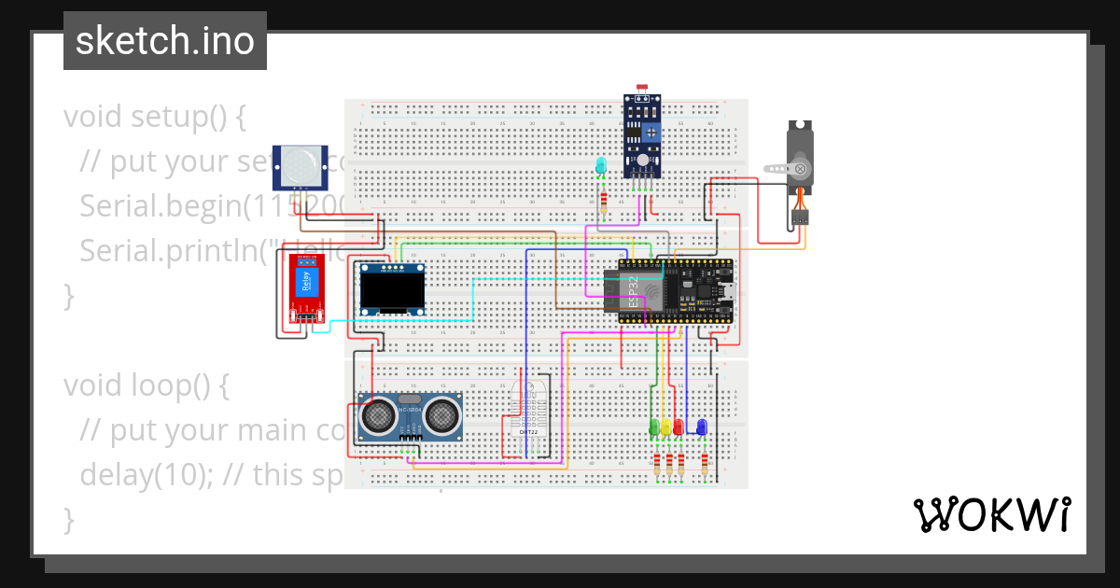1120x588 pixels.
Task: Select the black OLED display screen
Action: pyautogui.click(x=393, y=293)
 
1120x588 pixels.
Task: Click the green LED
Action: pyautogui.click(x=653, y=427)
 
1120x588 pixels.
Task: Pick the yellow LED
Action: pyautogui.click(x=665, y=427)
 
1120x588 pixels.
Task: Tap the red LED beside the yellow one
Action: pyautogui.click(x=679, y=427)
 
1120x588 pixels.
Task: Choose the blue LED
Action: pyautogui.click(x=702, y=427)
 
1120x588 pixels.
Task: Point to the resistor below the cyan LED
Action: pyautogui.click(x=604, y=203)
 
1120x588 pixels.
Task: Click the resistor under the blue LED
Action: pyautogui.click(x=705, y=464)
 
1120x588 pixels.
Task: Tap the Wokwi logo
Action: pyautogui.click(x=991, y=514)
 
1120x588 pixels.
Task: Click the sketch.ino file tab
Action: pyautogui.click(x=165, y=41)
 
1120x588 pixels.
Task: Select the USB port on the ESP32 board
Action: pyautogui.click(x=728, y=292)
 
